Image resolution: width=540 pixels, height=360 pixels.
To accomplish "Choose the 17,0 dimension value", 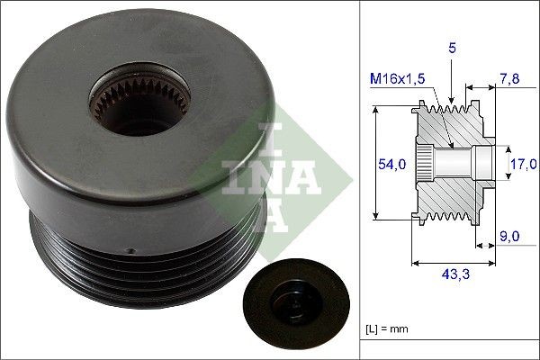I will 523,163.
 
